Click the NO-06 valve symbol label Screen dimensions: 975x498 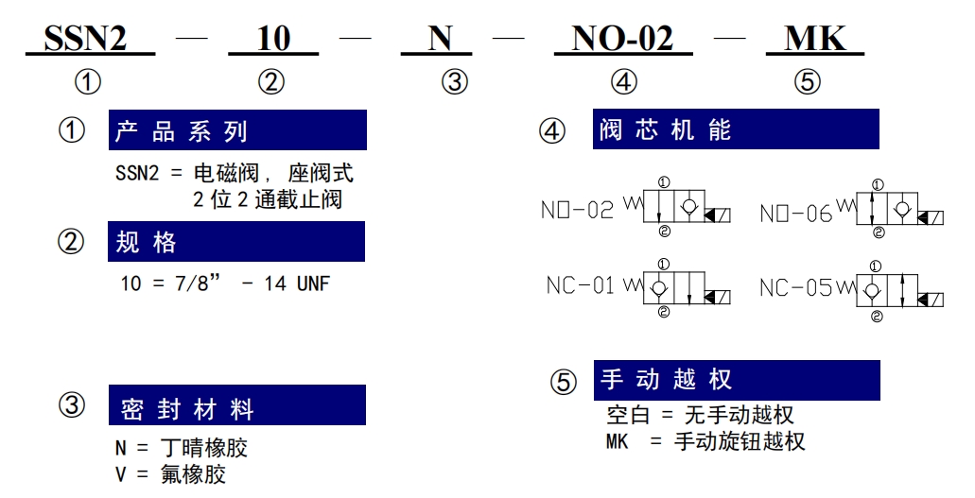pyautogui.click(x=796, y=214)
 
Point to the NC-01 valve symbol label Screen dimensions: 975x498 pyautogui.click(x=580, y=285)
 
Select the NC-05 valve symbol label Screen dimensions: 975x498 pyautogui.click(x=796, y=287)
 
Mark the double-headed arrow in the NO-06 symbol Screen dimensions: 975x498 pyautogui.click(x=873, y=208)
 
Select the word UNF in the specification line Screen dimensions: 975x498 pyautogui.click(x=313, y=283)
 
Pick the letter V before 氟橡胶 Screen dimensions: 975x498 pyautogui.click(x=121, y=474)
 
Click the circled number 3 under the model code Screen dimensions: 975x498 pyautogui.click(x=455, y=82)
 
